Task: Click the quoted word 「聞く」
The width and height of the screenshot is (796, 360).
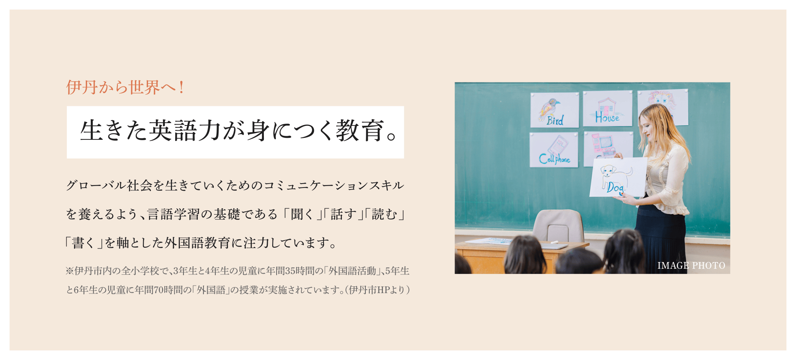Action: pos(302,214)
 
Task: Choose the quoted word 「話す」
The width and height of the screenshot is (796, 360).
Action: pos(343,214)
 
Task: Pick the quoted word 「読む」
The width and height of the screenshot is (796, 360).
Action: pos(384,214)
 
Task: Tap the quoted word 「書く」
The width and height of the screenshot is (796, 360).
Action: pos(84,243)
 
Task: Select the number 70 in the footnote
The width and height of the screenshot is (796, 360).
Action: pos(159,290)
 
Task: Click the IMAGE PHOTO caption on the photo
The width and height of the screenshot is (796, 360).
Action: pos(691,266)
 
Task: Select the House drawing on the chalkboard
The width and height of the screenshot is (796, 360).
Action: pos(608,109)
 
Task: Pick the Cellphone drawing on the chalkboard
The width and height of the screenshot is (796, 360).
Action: pos(554,150)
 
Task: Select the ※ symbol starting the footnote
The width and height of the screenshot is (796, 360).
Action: pos(70,271)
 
